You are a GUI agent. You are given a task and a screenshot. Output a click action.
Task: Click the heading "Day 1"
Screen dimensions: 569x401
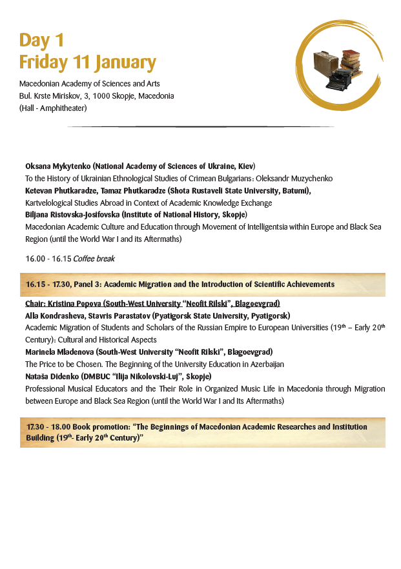(41, 40)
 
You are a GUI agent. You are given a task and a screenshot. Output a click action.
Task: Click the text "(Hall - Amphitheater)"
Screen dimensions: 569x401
(53, 108)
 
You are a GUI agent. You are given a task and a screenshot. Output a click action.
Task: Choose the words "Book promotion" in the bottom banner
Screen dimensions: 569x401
(98, 427)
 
